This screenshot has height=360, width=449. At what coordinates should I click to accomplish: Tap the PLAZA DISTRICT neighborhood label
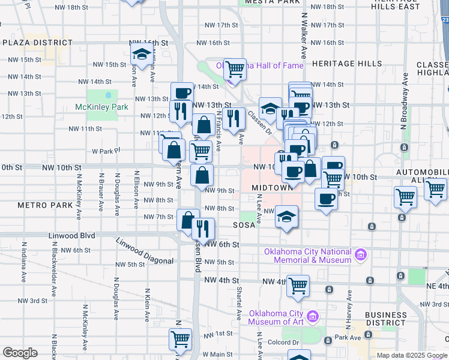click(37, 43)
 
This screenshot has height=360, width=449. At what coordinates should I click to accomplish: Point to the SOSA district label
click(244, 226)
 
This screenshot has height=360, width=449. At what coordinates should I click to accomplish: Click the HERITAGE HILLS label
click(347, 64)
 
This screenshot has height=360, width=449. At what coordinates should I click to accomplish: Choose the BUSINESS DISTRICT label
click(385, 319)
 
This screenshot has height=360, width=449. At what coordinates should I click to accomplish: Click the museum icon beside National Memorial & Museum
click(361, 256)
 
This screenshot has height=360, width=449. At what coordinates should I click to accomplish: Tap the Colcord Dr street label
click(283, 343)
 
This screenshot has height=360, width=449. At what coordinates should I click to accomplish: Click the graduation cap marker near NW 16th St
click(142, 54)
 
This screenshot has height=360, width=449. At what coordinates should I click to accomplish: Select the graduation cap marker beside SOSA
click(287, 217)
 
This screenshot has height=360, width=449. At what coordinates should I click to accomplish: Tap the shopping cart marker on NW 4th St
click(298, 286)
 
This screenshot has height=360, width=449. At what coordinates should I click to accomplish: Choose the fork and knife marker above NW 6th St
click(203, 228)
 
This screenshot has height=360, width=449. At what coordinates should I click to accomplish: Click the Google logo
click(20, 353)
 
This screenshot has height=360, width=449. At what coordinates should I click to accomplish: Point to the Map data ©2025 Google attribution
click(412, 355)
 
